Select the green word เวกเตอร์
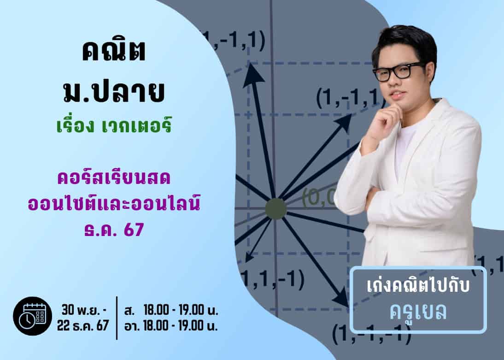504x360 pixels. click(x=136, y=126)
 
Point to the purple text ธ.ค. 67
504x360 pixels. click(x=114, y=229)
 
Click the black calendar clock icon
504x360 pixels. click(x=32, y=316)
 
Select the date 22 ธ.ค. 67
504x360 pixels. click(x=83, y=325)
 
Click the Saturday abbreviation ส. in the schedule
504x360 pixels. click(x=129, y=311)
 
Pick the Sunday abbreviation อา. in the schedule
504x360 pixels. click(x=132, y=326)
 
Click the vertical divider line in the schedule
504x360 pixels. click(x=117, y=318)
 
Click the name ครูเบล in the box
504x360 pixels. click(x=418, y=312)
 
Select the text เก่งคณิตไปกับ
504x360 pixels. click(x=418, y=286)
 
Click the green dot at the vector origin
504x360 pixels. click(x=276, y=209)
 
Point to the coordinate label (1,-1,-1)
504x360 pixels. click(x=371, y=334)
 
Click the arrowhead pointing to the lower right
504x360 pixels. click(x=341, y=298)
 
